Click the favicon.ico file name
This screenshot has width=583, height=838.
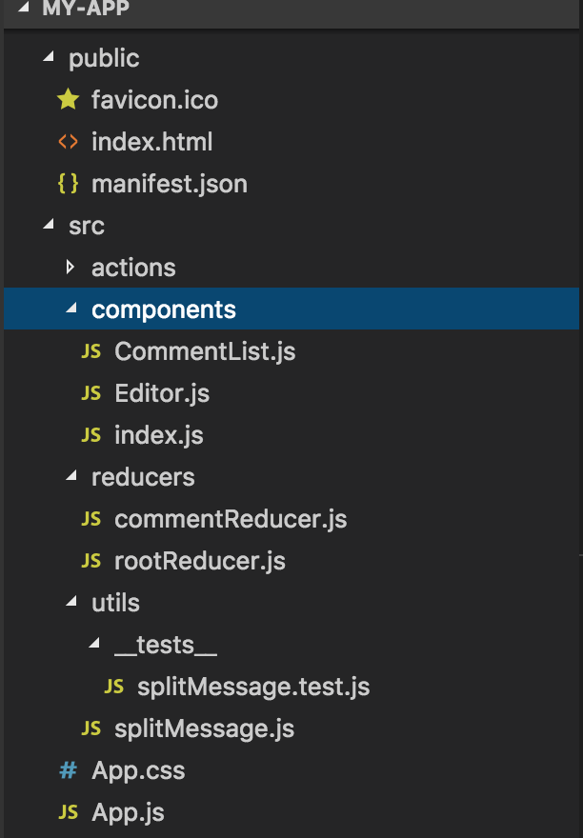(x=154, y=100)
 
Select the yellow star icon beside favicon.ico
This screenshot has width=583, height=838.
(x=68, y=99)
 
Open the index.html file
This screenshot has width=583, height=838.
(x=151, y=142)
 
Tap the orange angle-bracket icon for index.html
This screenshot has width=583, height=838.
(x=68, y=142)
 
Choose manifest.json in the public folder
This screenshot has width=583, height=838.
(x=169, y=184)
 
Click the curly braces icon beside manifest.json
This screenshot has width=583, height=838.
(x=68, y=184)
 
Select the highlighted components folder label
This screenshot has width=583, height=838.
(x=163, y=309)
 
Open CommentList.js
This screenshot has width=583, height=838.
(x=205, y=351)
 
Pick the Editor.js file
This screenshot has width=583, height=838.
(x=162, y=393)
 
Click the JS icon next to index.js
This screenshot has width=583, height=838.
(x=91, y=435)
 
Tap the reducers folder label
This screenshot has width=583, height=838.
(x=143, y=477)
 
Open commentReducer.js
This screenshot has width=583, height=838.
(x=231, y=519)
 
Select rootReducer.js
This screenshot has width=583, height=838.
(x=200, y=561)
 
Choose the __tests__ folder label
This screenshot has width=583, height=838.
(x=166, y=645)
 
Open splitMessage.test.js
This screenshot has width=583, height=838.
(x=253, y=687)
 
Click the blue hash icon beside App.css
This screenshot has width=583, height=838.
(x=68, y=770)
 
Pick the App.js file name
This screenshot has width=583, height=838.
(x=128, y=812)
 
